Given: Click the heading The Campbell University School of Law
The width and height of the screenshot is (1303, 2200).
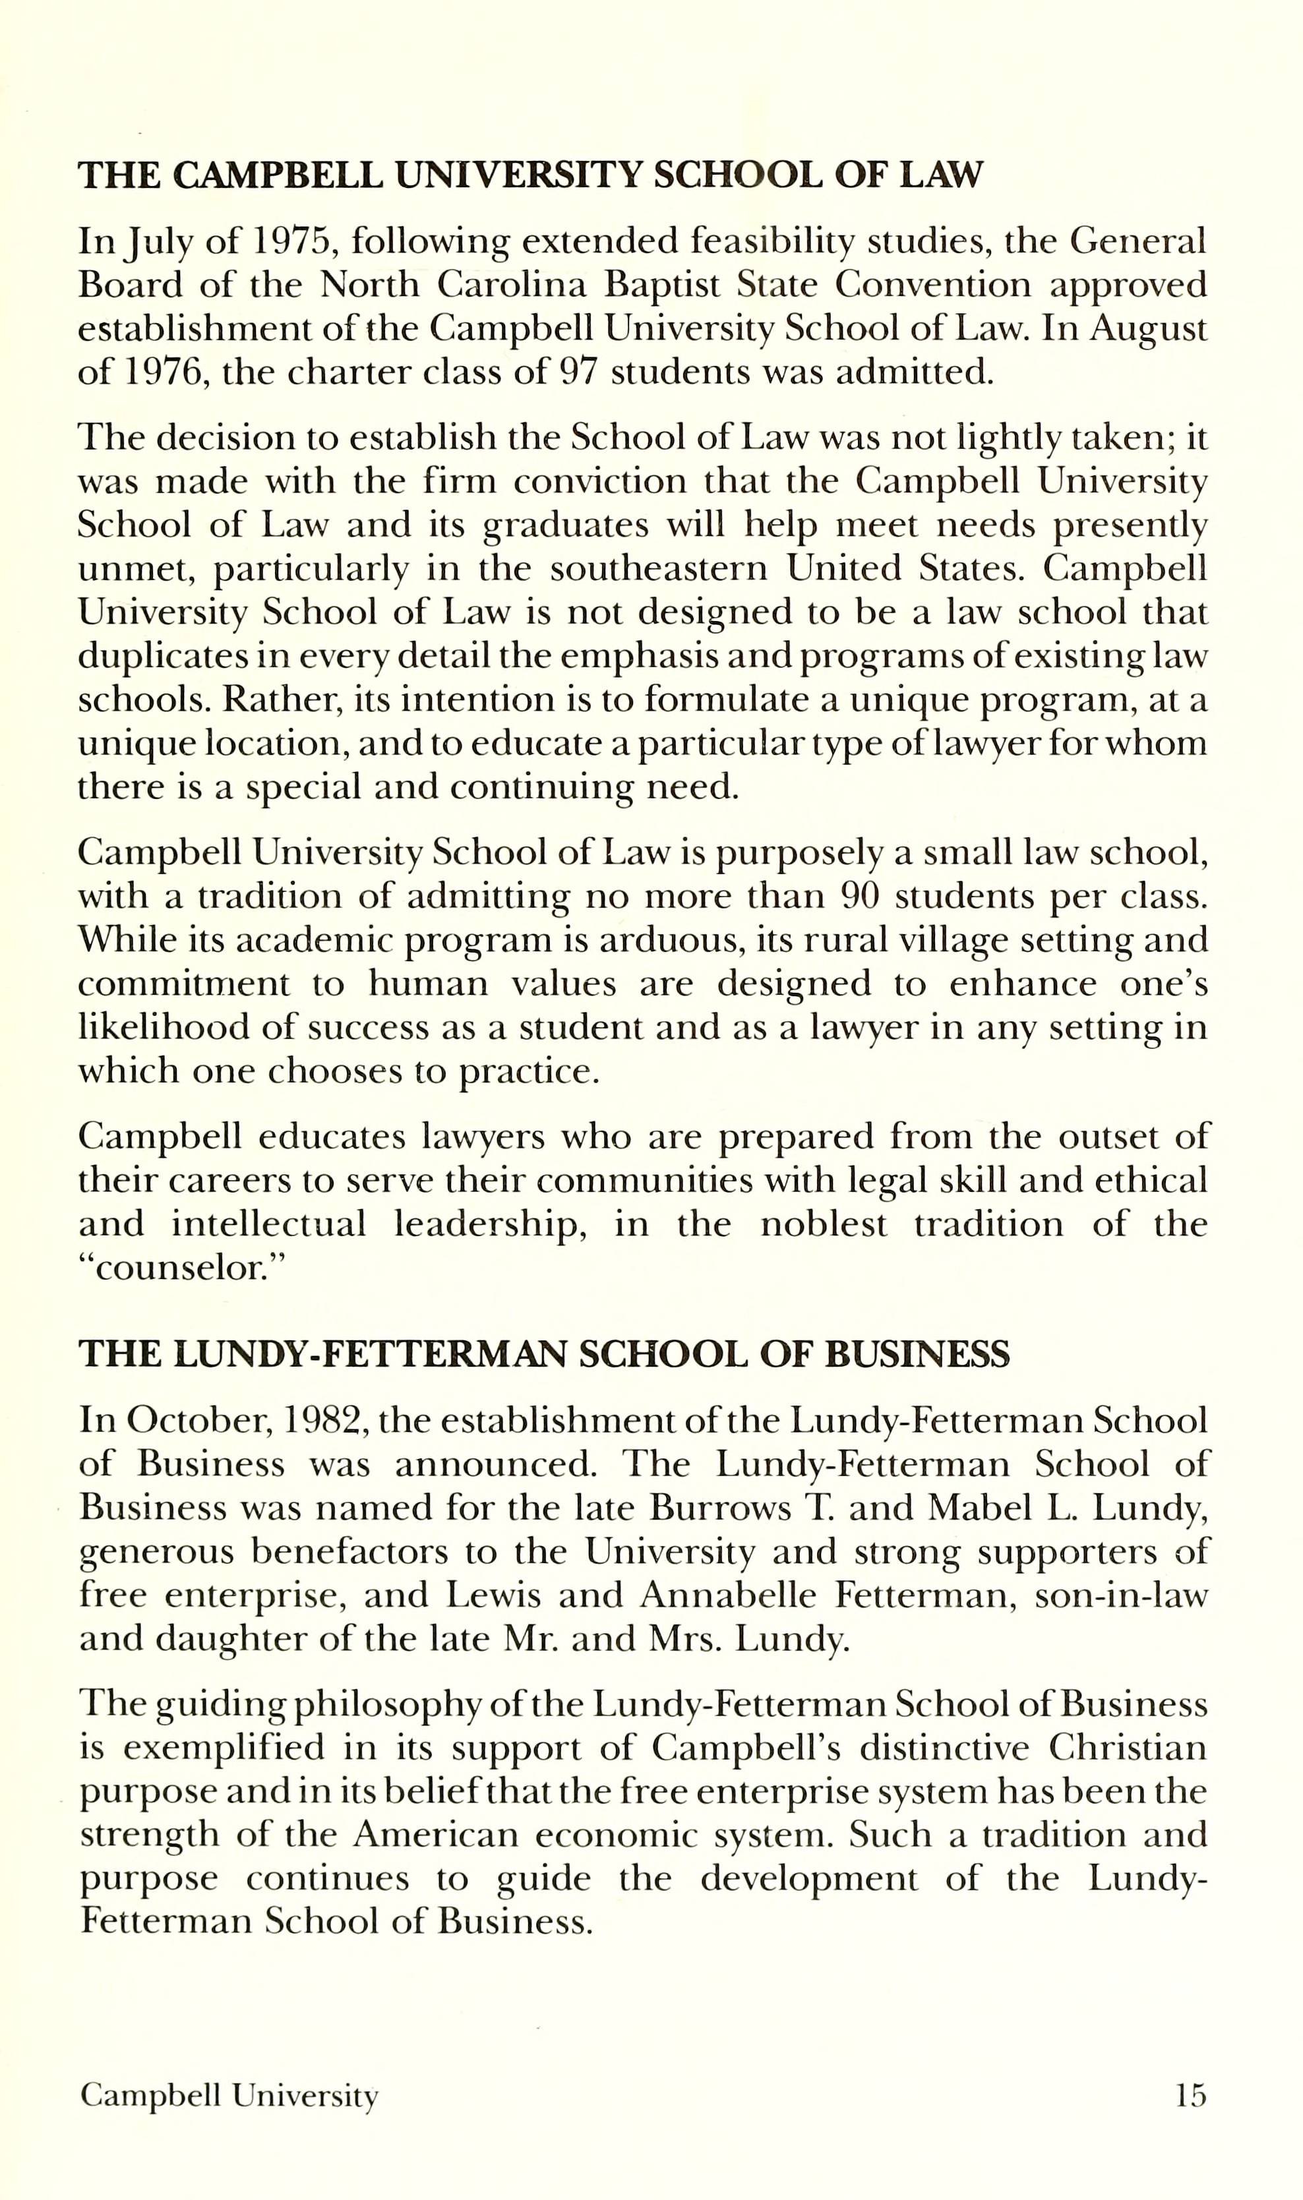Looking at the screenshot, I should tap(530, 175).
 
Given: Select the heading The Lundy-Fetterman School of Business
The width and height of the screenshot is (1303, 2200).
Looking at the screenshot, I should tap(545, 1355).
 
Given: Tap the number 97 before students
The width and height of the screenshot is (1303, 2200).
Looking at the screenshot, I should tap(578, 373).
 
